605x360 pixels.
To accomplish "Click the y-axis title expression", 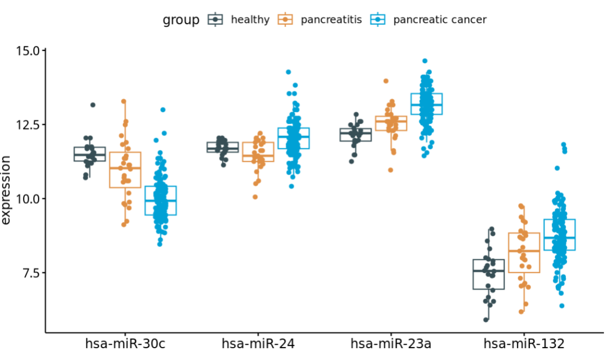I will [7, 190].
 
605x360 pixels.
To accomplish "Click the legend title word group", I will [181, 20].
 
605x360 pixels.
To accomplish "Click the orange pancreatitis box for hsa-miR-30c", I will [125, 170].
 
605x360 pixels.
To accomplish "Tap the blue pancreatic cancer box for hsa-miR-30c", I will [161, 200].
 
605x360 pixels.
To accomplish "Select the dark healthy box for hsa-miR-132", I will [488, 274].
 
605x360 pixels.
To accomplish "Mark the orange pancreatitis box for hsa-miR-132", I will [524, 253].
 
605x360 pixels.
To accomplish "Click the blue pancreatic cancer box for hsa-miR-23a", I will [426, 104].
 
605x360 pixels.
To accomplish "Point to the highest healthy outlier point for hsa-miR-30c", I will [93, 105].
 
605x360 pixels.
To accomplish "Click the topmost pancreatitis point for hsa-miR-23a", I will [386, 81].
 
